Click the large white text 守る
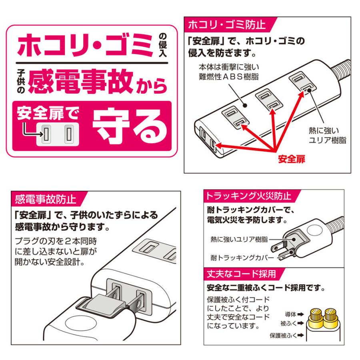click(x=130, y=125)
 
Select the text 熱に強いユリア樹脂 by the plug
click(x=238, y=239)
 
